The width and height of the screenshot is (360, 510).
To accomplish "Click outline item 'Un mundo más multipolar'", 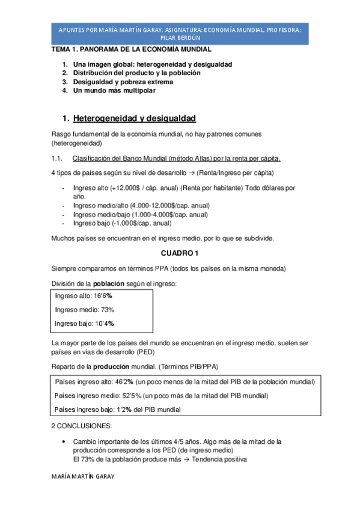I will point(114,91).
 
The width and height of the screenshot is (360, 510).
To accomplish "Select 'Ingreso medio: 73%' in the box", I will point(84,310).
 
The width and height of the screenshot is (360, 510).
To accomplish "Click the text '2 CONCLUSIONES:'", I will point(81,426).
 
